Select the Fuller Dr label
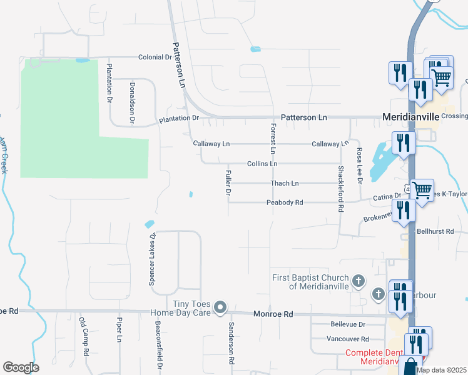(228, 182)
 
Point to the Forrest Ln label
(273, 139)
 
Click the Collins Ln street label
(262, 164)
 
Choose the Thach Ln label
(285, 183)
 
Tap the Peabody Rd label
(285, 202)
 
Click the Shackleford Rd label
(341, 189)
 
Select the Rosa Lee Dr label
(359, 166)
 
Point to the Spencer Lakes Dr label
(151, 260)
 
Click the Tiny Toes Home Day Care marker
(220, 307)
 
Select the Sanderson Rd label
(230, 343)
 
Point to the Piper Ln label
(118, 329)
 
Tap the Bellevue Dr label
(347, 324)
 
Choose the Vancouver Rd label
(348, 339)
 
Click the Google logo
(21, 367)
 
